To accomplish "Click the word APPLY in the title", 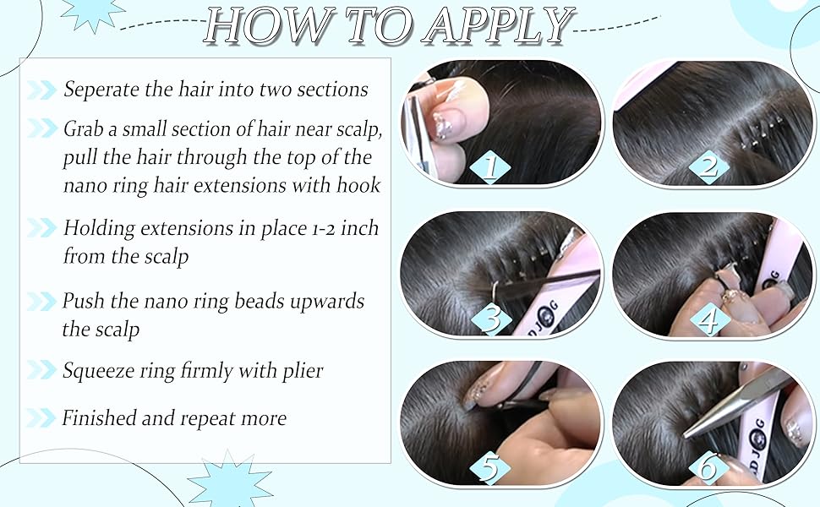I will click(499, 27).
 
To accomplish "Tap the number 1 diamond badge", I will click(489, 166).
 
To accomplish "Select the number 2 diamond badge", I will click(708, 166).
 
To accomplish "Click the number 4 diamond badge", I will click(708, 319).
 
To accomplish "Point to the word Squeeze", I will click(100, 371).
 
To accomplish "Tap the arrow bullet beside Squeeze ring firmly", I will click(41, 370).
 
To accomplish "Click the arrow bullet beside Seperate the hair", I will click(41, 90).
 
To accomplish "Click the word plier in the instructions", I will click(303, 371).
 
